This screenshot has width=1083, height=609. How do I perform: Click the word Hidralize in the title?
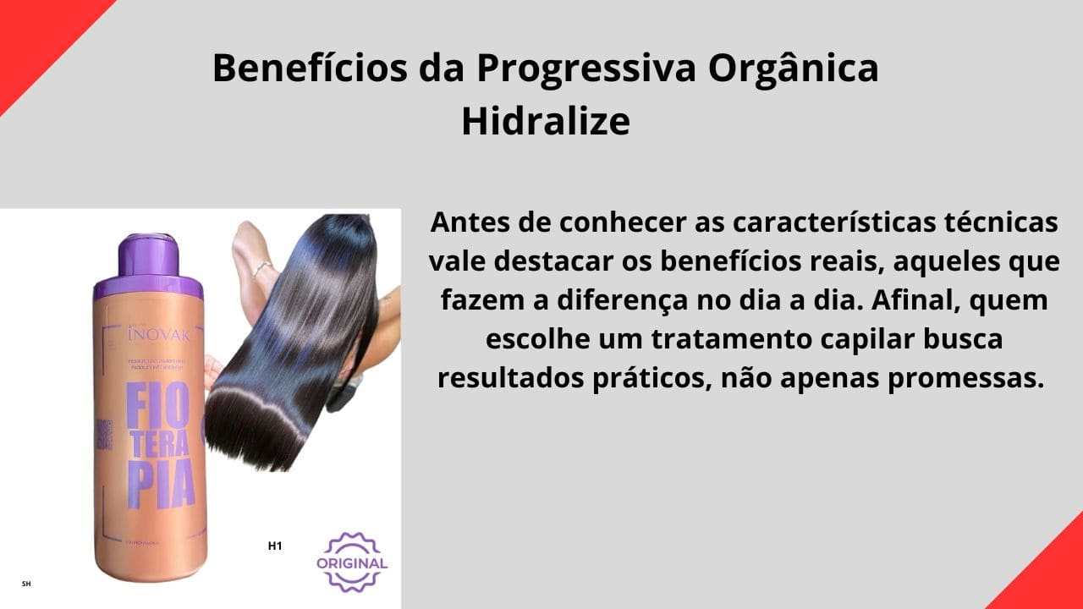pos(546,122)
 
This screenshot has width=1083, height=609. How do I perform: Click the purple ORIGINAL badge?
pos(352,562)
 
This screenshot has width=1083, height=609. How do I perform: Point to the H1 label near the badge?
pos(275,546)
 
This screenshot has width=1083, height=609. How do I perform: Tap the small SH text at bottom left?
pos(26,584)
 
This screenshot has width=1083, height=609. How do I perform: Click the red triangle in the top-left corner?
pos(34,34)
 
